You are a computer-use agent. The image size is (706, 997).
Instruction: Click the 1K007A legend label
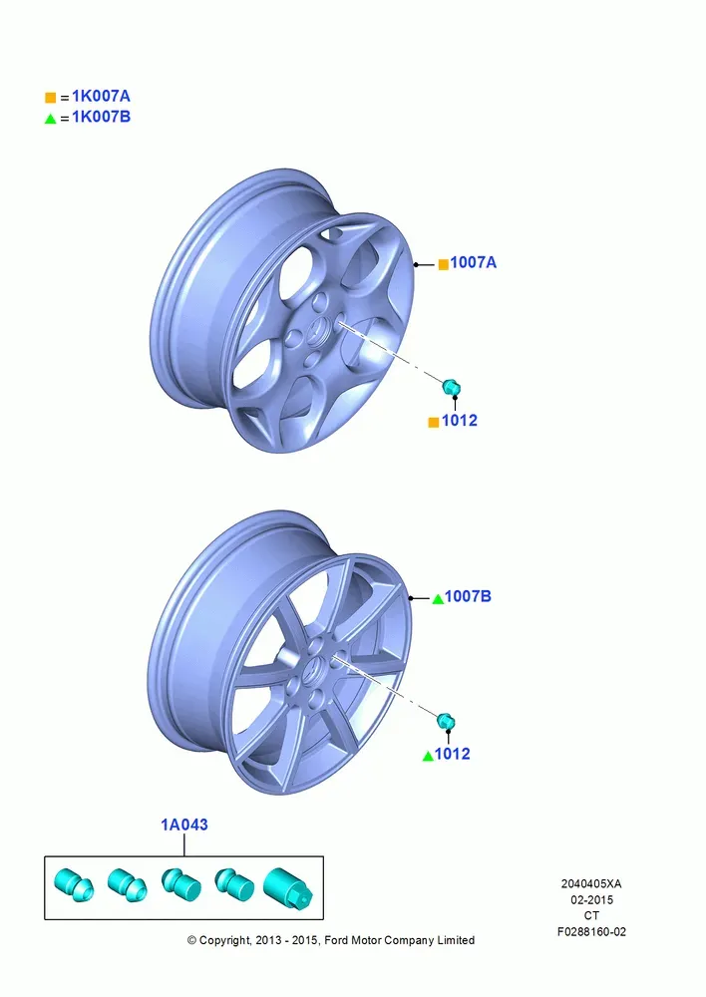coord(101,96)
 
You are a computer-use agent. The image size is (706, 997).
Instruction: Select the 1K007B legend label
coord(101,117)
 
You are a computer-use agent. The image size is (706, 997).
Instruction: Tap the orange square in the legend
coord(50,98)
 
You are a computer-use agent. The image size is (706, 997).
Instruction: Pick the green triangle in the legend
coord(50,119)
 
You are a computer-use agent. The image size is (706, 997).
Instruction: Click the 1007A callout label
coord(474,262)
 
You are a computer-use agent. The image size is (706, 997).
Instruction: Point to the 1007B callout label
coord(468,596)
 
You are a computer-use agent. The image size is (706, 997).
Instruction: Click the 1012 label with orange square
coord(460,421)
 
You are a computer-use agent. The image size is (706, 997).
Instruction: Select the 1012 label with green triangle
coord(453,754)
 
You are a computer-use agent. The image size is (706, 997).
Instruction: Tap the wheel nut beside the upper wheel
coord(451,386)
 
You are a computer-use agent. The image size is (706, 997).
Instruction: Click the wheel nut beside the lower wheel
coord(446,721)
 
